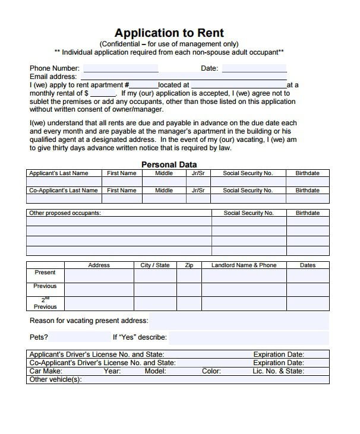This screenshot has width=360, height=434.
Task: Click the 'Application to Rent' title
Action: pyautogui.click(x=169, y=33)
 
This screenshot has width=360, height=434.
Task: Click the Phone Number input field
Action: pyautogui.click(x=121, y=68)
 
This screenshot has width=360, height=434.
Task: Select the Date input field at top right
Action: pyautogui.click(x=254, y=68)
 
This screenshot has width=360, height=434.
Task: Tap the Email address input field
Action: pyautogui.click(x=184, y=77)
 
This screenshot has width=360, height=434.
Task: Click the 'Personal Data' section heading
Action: pyautogui.click(x=169, y=164)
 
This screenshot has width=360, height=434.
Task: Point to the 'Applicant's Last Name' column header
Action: pyautogui.click(x=58, y=173)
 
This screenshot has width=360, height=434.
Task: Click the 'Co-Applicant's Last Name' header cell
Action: pyautogui.click(x=64, y=191)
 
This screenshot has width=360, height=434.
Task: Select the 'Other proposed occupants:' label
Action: pyautogui.click(x=65, y=213)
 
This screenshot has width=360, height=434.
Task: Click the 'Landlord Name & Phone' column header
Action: pyautogui.click(x=244, y=265)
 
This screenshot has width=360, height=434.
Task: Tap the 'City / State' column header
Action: pyautogui.click(x=154, y=265)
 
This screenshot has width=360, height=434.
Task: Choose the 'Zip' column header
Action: pyautogui.click(x=189, y=265)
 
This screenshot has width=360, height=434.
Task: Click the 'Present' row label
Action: pyautogui.click(x=45, y=273)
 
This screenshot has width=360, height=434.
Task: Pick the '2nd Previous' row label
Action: pyautogui.click(x=45, y=304)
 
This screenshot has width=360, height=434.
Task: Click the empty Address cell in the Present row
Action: pyautogui.click(x=99, y=275)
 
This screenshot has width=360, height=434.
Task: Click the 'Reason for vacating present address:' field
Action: pyautogui.click(x=238, y=321)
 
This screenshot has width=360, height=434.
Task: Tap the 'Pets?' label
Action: pyautogui.click(x=39, y=337)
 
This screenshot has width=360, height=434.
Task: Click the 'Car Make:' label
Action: pyautogui.click(x=46, y=371)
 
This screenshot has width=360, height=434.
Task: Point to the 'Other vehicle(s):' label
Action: pyautogui.click(x=55, y=379)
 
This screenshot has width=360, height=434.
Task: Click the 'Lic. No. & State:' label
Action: pyautogui.click(x=278, y=371)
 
